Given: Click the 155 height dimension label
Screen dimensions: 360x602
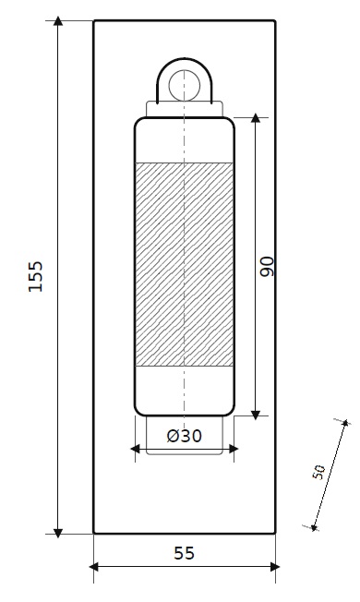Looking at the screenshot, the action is tap(35, 276).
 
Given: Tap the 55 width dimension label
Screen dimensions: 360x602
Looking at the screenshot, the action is tap(185, 553).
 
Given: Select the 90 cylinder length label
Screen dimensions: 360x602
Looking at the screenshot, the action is tap(267, 267).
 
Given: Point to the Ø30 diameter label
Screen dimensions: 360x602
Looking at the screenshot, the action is tap(185, 436).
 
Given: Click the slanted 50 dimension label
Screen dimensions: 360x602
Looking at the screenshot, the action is tap(318, 472).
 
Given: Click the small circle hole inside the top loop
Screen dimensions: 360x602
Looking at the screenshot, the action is tap(185, 85).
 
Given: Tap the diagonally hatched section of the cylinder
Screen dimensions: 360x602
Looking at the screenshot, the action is tap(185, 264).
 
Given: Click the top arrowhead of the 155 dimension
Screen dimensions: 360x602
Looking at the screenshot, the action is tap(58, 20).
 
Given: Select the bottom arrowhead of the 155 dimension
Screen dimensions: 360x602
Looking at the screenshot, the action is tap(58, 533).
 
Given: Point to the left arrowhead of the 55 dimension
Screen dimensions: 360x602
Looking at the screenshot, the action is tap(93, 567).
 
